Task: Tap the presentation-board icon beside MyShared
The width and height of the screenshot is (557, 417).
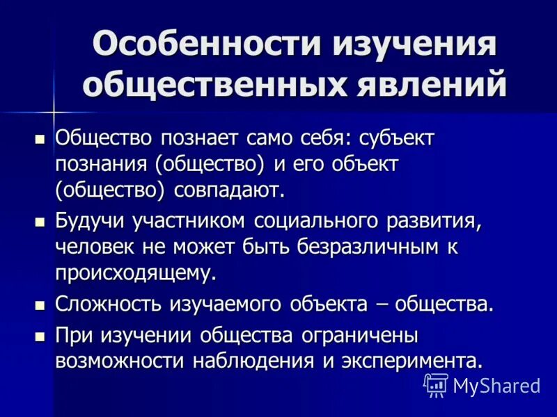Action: tap(436, 384)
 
